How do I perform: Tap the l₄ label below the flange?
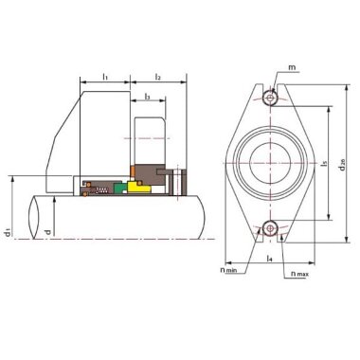[271, 256]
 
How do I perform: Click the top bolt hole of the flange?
[271, 98]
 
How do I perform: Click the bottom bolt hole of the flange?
[271, 226]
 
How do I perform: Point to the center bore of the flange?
[271, 162]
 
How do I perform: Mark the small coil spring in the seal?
[98, 189]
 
